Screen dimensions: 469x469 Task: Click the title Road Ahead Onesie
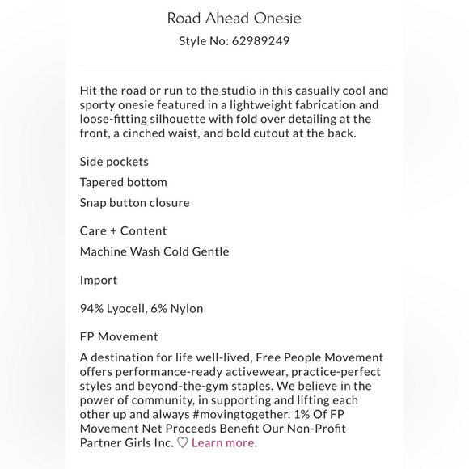(x=234, y=18)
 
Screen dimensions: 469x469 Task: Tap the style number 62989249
(x=258, y=41)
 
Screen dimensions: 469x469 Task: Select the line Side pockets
(x=114, y=162)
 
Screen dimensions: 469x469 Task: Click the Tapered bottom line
(x=123, y=183)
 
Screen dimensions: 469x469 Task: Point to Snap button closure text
(x=134, y=203)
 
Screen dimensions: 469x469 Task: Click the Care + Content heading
(x=123, y=231)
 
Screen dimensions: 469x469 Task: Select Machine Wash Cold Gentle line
(x=154, y=251)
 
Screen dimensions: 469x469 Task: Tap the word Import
(x=98, y=280)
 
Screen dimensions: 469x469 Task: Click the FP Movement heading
(x=119, y=336)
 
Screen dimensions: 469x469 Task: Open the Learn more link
(x=224, y=442)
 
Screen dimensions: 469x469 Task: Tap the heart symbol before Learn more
(x=183, y=442)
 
